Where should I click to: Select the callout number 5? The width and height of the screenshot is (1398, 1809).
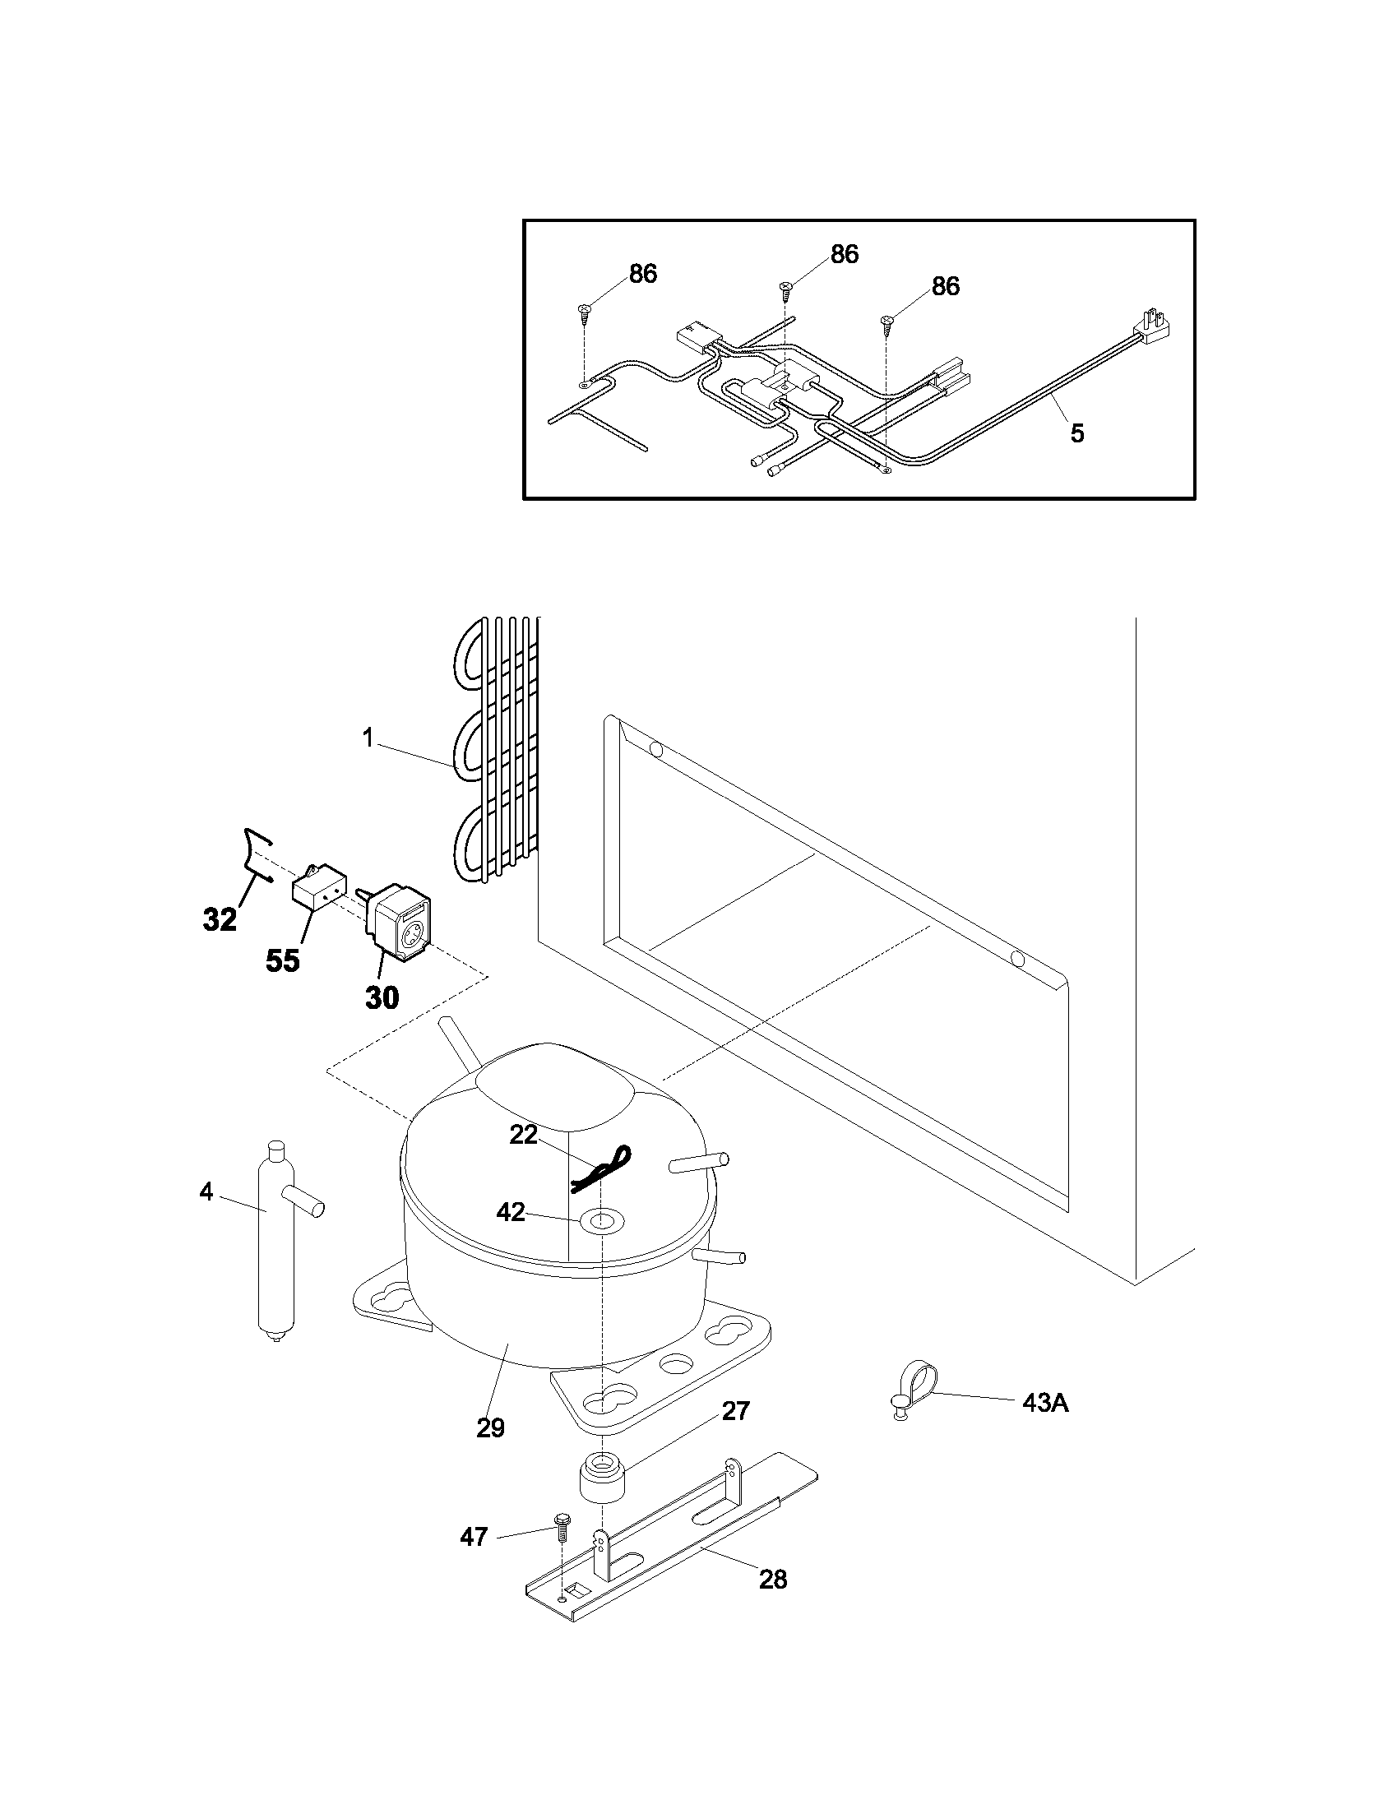1076,433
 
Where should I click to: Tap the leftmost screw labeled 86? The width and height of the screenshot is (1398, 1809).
585,310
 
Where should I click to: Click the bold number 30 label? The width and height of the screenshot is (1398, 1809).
382,998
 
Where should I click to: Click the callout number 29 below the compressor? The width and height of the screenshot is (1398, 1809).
490,1428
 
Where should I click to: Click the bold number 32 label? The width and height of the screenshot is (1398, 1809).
220,919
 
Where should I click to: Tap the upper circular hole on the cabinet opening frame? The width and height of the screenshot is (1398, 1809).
656,751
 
